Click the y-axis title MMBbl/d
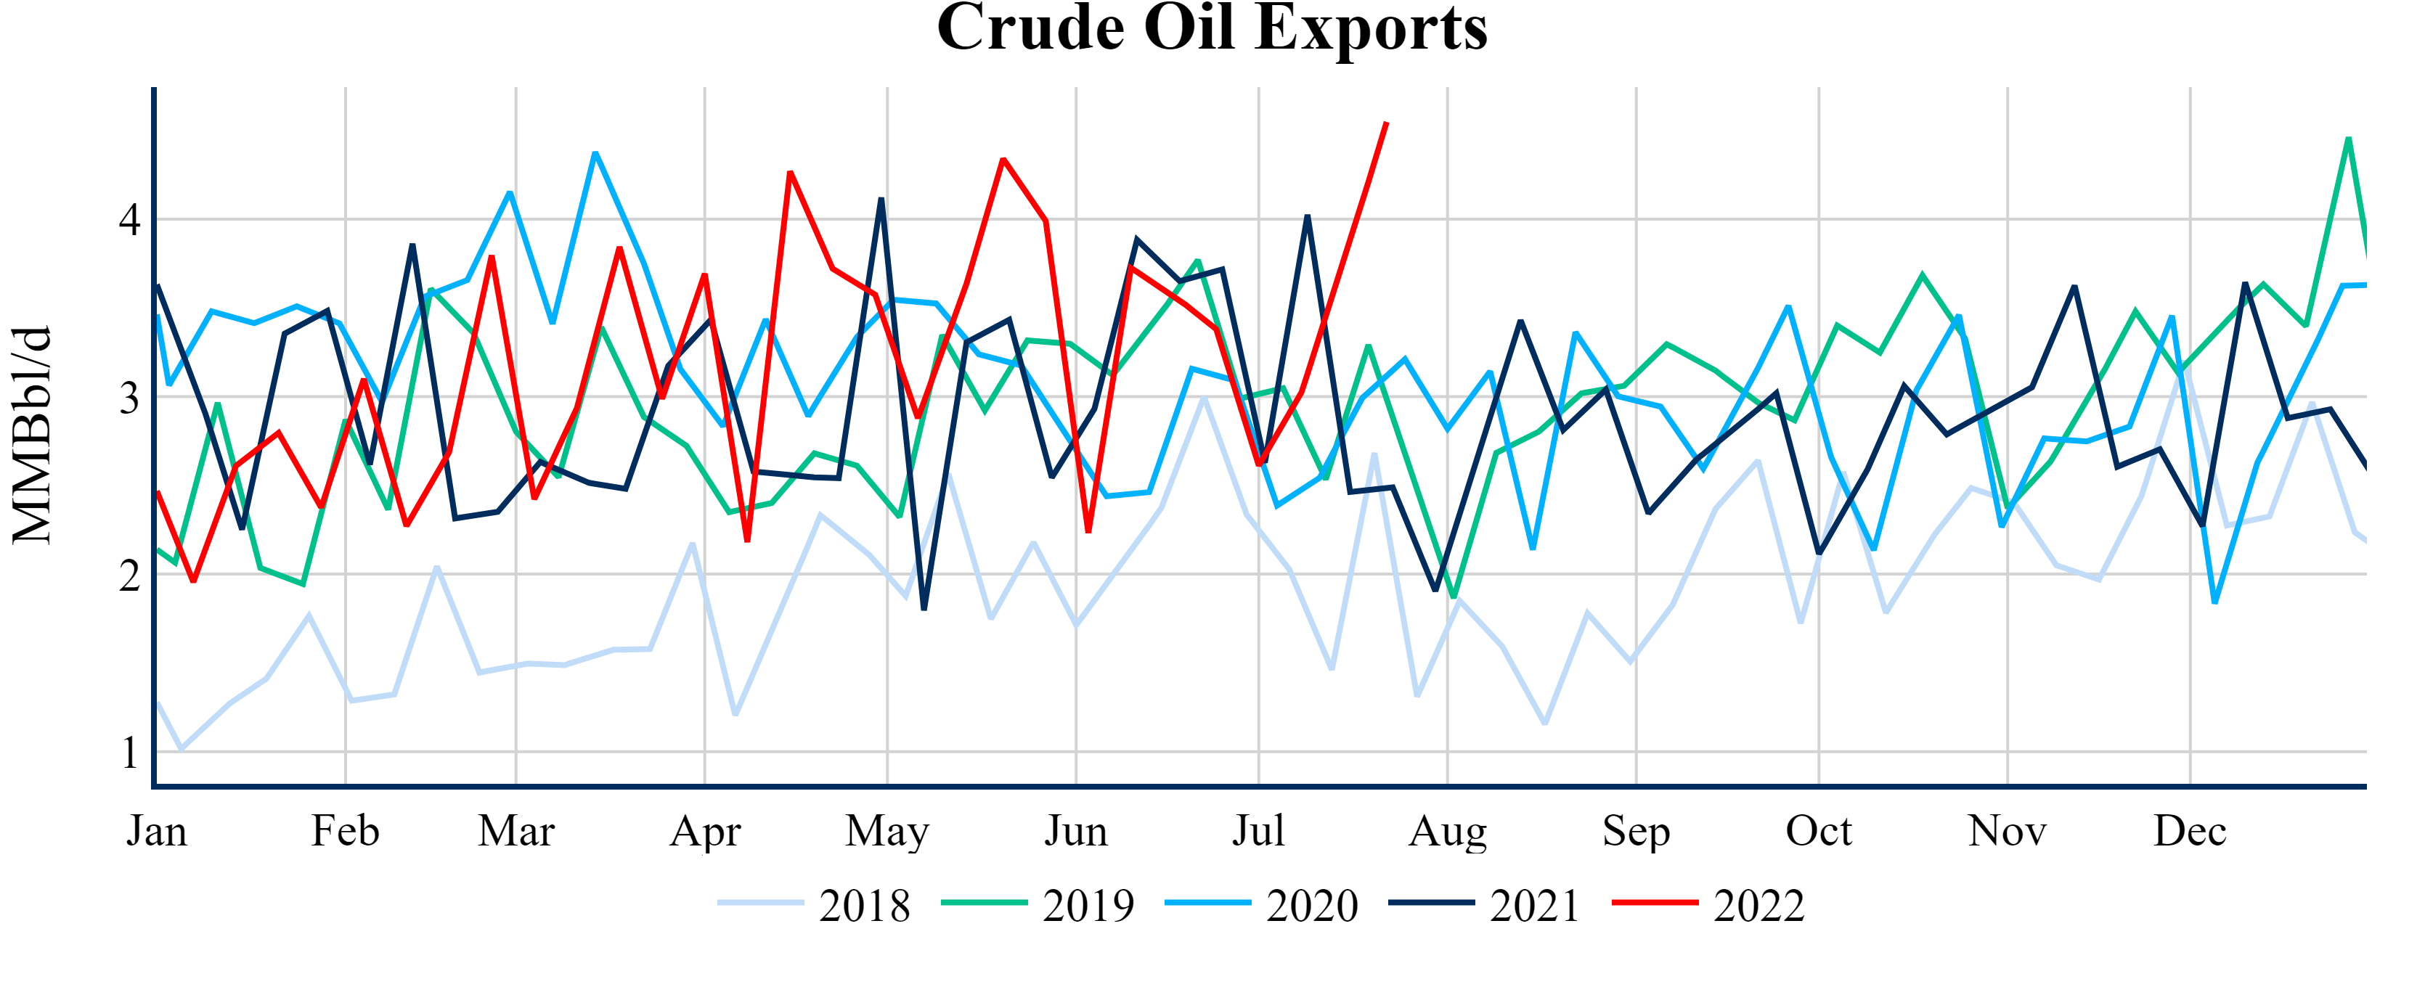(32, 435)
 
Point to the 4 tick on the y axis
(129, 220)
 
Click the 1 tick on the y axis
(129, 753)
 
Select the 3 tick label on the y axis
(129, 398)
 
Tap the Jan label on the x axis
(156, 832)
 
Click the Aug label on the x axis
(1447, 832)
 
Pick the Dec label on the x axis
(2190, 832)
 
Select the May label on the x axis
(887, 832)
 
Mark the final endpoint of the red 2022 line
(1387, 123)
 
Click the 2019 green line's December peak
(2349, 139)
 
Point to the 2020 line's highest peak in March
(595, 152)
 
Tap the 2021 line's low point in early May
(924, 609)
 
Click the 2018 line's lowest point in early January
(181, 749)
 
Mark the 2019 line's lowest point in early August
(1454, 597)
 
